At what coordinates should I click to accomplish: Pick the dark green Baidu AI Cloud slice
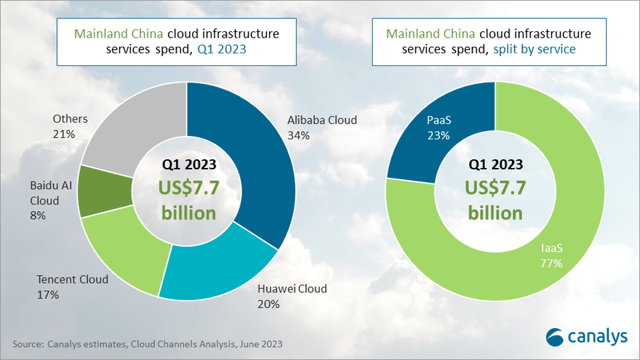tap(104, 191)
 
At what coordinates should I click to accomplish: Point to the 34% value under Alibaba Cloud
tap(299, 135)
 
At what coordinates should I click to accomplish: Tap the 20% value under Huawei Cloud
tap(269, 304)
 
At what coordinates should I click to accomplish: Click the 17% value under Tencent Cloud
tap(48, 295)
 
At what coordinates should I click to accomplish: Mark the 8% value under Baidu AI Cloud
tap(38, 216)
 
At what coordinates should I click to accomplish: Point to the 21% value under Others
tap(64, 134)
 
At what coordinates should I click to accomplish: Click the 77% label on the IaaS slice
tap(551, 263)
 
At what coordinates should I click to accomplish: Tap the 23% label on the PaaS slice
tap(439, 135)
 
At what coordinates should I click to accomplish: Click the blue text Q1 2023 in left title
tap(222, 49)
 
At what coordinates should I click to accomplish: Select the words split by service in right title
tap(534, 49)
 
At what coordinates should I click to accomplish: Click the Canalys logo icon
tap(554, 337)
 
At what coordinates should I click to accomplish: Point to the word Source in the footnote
tap(28, 344)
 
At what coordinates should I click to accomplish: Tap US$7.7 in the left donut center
tap(189, 188)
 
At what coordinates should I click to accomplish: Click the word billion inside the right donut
tap(495, 213)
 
